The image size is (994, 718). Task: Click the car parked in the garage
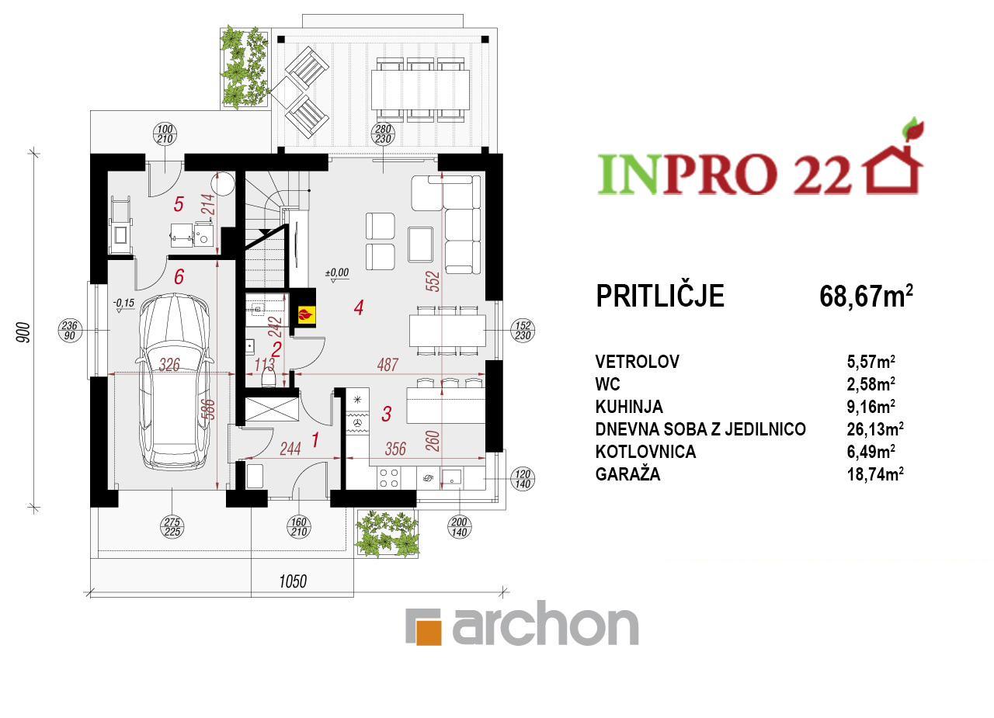(x=175, y=382)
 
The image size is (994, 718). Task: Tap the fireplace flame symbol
(x=304, y=315)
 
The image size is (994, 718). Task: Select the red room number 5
(x=179, y=204)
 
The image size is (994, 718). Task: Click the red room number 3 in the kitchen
(x=386, y=414)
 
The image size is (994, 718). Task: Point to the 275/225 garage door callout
(x=172, y=527)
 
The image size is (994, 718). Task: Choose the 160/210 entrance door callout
(x=299, y=527)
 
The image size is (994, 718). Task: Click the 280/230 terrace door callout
(x=383, y=134)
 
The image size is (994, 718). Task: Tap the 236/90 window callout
(x=70, y=331)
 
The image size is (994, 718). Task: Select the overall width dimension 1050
(x=293, y=581)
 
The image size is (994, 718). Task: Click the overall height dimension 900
(x=23, y=332)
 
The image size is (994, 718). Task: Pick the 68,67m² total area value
(x=866, y=296)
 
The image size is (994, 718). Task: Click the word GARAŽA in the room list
(x=627, y=474)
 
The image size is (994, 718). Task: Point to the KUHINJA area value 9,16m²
(x=871, y=406)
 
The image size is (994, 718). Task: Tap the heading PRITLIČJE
(x=659, y=296)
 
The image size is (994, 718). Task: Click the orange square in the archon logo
(x=429, y=633)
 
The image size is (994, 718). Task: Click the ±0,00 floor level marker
(x=337, y=274)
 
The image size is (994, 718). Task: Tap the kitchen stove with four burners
(x=389, y=478)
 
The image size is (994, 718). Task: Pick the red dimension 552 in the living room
(x=433, y=282)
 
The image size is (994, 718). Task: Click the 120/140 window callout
(x=523, y=479)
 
